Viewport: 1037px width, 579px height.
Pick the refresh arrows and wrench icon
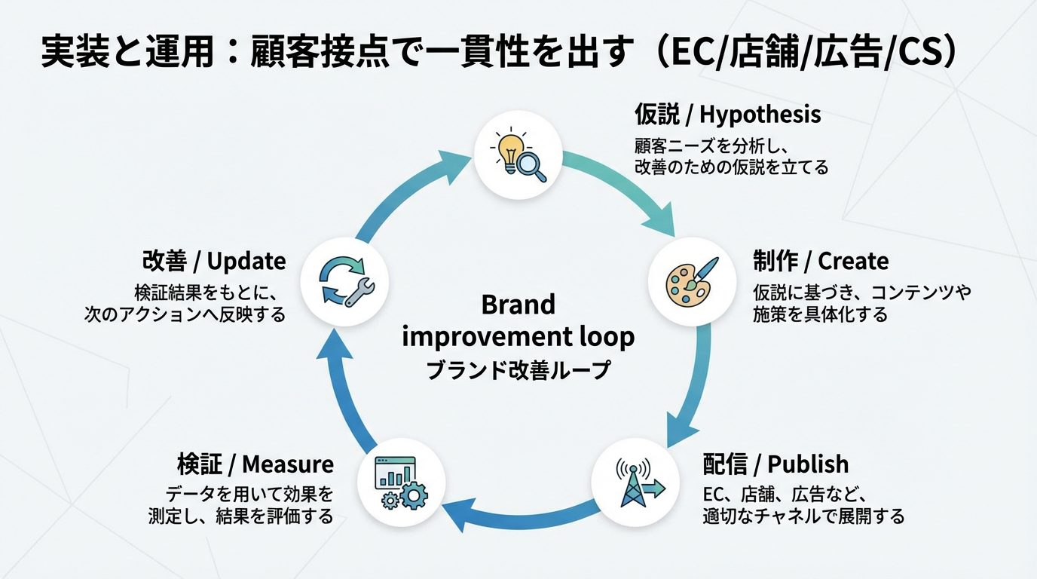[344, 281]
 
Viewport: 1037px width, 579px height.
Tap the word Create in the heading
[853, 262]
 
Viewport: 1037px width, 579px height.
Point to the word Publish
[808, 464]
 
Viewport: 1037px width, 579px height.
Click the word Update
[246, 262]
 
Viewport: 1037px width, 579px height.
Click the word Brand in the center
[518, 305]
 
